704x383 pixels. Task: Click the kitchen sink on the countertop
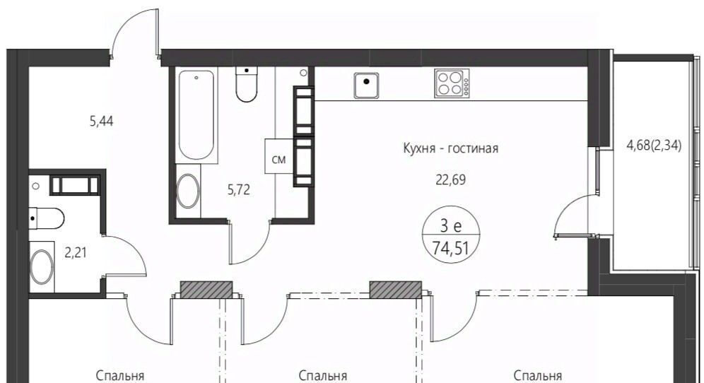click(x=367, y=85)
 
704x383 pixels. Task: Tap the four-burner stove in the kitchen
click(x=452, y=83)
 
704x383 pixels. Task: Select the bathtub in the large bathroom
click(x=196, y=117)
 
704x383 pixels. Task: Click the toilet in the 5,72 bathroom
click(x=247, y=84)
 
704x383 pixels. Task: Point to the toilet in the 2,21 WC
click(x=47, y=218)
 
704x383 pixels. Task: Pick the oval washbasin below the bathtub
click(x=188, y=191)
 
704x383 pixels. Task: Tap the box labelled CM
click(x=279, y=155)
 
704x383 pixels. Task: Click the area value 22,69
click(x=450, y=179)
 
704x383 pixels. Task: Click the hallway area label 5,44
click(x=102, y=121)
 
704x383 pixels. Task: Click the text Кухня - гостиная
click(x=451, y=148)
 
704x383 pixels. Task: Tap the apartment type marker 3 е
click(x=451, y=226)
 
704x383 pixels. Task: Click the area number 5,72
click(x=239, y=190)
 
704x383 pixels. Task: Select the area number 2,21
click(x=76, y=253)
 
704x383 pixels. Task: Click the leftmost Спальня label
click(x=120, y=375)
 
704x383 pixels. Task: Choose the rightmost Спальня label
click(x=538, y=375)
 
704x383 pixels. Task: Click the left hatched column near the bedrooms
click(x=206, y=290)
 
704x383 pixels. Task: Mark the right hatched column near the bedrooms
click(x=396, y=290)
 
